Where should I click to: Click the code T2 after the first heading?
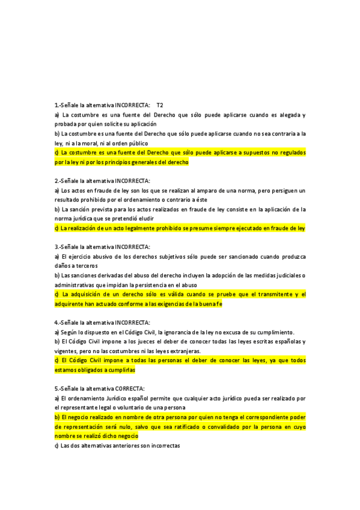click(x=159, y=105)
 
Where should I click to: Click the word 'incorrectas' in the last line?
click(x=163, y=446)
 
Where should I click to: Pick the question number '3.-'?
click(x=58, y=247)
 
